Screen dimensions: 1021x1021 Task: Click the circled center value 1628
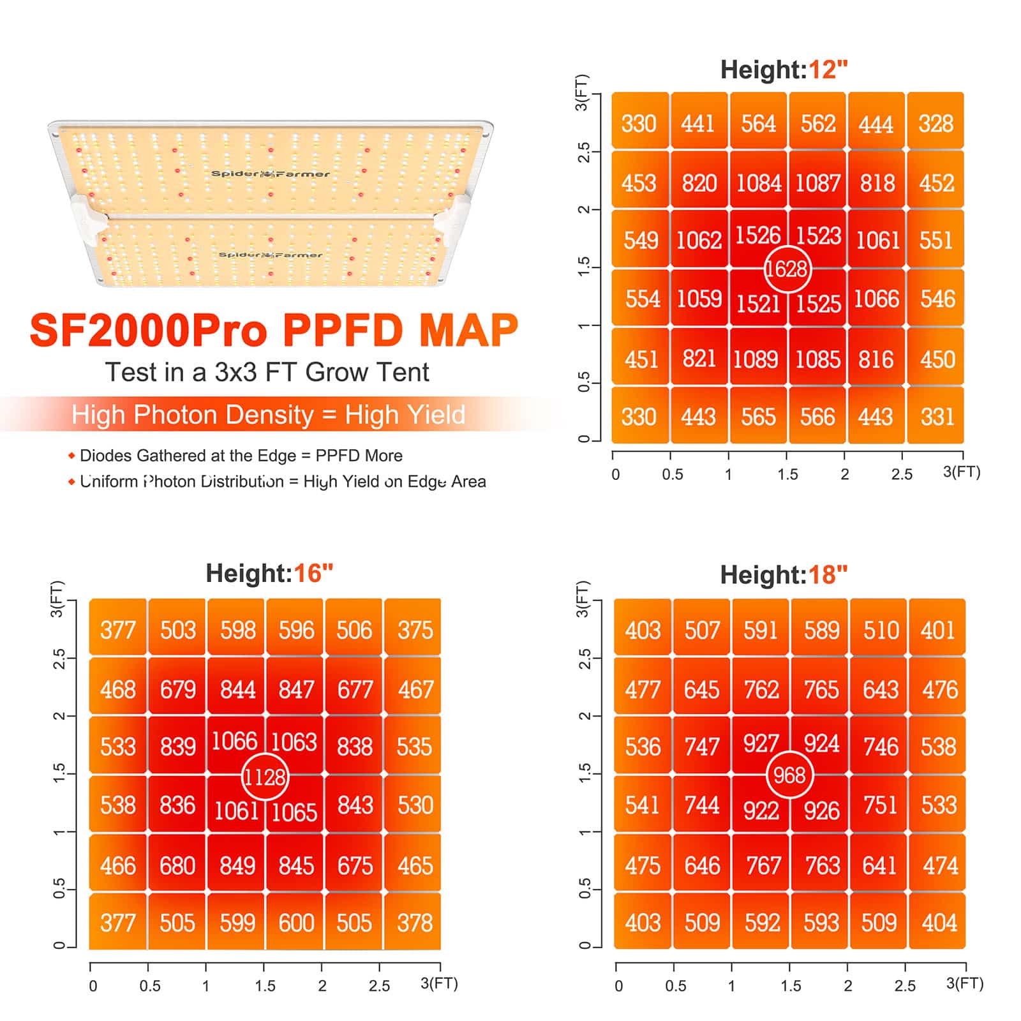(787, 269)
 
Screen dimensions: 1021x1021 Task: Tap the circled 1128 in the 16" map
(265, 777)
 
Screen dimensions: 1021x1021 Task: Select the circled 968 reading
(789, 775)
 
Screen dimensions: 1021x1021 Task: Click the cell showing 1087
(817, 183)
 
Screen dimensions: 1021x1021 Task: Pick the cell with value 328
(935, 123)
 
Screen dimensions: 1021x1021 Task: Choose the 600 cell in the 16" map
(296, 923)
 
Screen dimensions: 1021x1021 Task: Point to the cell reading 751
(880, 805)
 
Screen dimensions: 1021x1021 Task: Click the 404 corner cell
(939, 923)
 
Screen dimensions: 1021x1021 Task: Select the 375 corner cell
(415, 630)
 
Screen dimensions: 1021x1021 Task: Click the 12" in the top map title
(828, 70)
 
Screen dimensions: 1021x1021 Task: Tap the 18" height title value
(828, 575)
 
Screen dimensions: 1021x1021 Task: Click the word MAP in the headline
(468, 330)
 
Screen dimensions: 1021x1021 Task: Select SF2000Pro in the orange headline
(148, 331)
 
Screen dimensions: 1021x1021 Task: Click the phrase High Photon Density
(192, 415)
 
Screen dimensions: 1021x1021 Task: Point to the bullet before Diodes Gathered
(71, 456)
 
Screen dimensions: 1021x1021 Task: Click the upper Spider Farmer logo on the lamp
(270, 174)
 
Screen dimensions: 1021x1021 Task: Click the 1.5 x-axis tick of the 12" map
(787, 474)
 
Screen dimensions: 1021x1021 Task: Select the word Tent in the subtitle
(401, 372)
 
